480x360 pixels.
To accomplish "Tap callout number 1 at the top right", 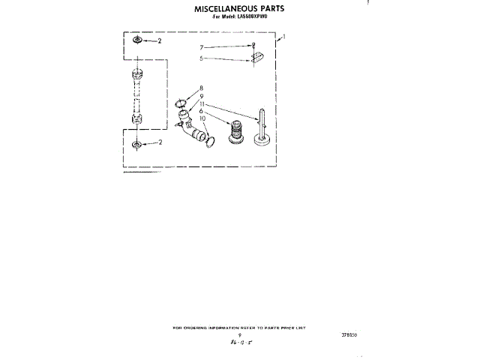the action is [x=283, y=36].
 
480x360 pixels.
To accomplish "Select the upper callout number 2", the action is [x=158, y=43].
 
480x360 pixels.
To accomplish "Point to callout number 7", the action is [x=202, y=47].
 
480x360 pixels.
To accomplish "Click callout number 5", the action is [x=202, y=58].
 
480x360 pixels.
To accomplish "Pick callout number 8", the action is [x=202, y=88].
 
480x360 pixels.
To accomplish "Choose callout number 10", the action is [x=202, y=118].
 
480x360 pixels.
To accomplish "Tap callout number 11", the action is [x=202, y=103].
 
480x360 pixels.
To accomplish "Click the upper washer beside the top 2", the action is [x=138, y=42].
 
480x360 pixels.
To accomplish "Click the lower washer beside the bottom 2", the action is [x=138, y=145].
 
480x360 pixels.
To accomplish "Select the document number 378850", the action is [x=347, y=335].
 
